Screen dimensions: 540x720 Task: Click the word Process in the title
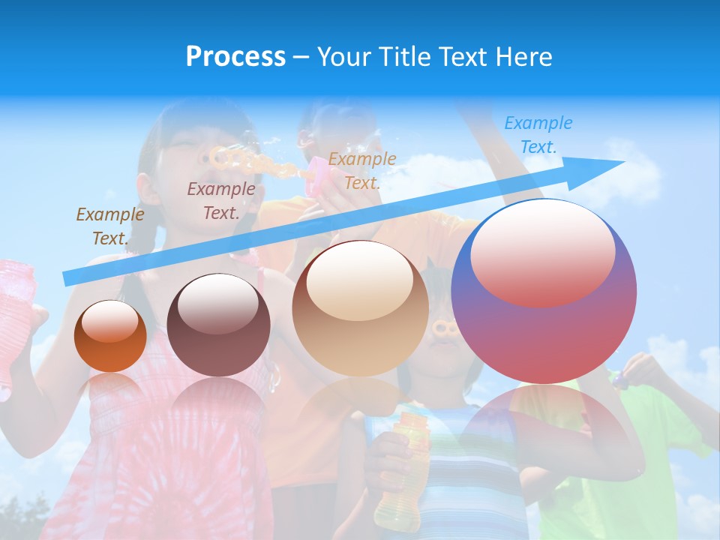click(x=235, y=57)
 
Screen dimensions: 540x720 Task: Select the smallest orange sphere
click(x=110, y=336)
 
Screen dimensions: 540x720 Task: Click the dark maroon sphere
click(x=218, y=325)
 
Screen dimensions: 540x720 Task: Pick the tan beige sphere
click(x=360, y=308)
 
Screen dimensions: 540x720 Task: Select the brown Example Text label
click(x=109, y=226)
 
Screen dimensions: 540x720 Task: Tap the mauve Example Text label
click(x=220, y=200)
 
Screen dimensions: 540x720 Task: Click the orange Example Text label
click(x=361, y=170)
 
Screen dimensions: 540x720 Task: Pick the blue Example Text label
click(x=538, y=135)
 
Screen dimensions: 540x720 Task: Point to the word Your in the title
click(x=344, y=57)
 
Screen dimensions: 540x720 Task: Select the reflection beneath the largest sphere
click(x=551, y=435)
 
